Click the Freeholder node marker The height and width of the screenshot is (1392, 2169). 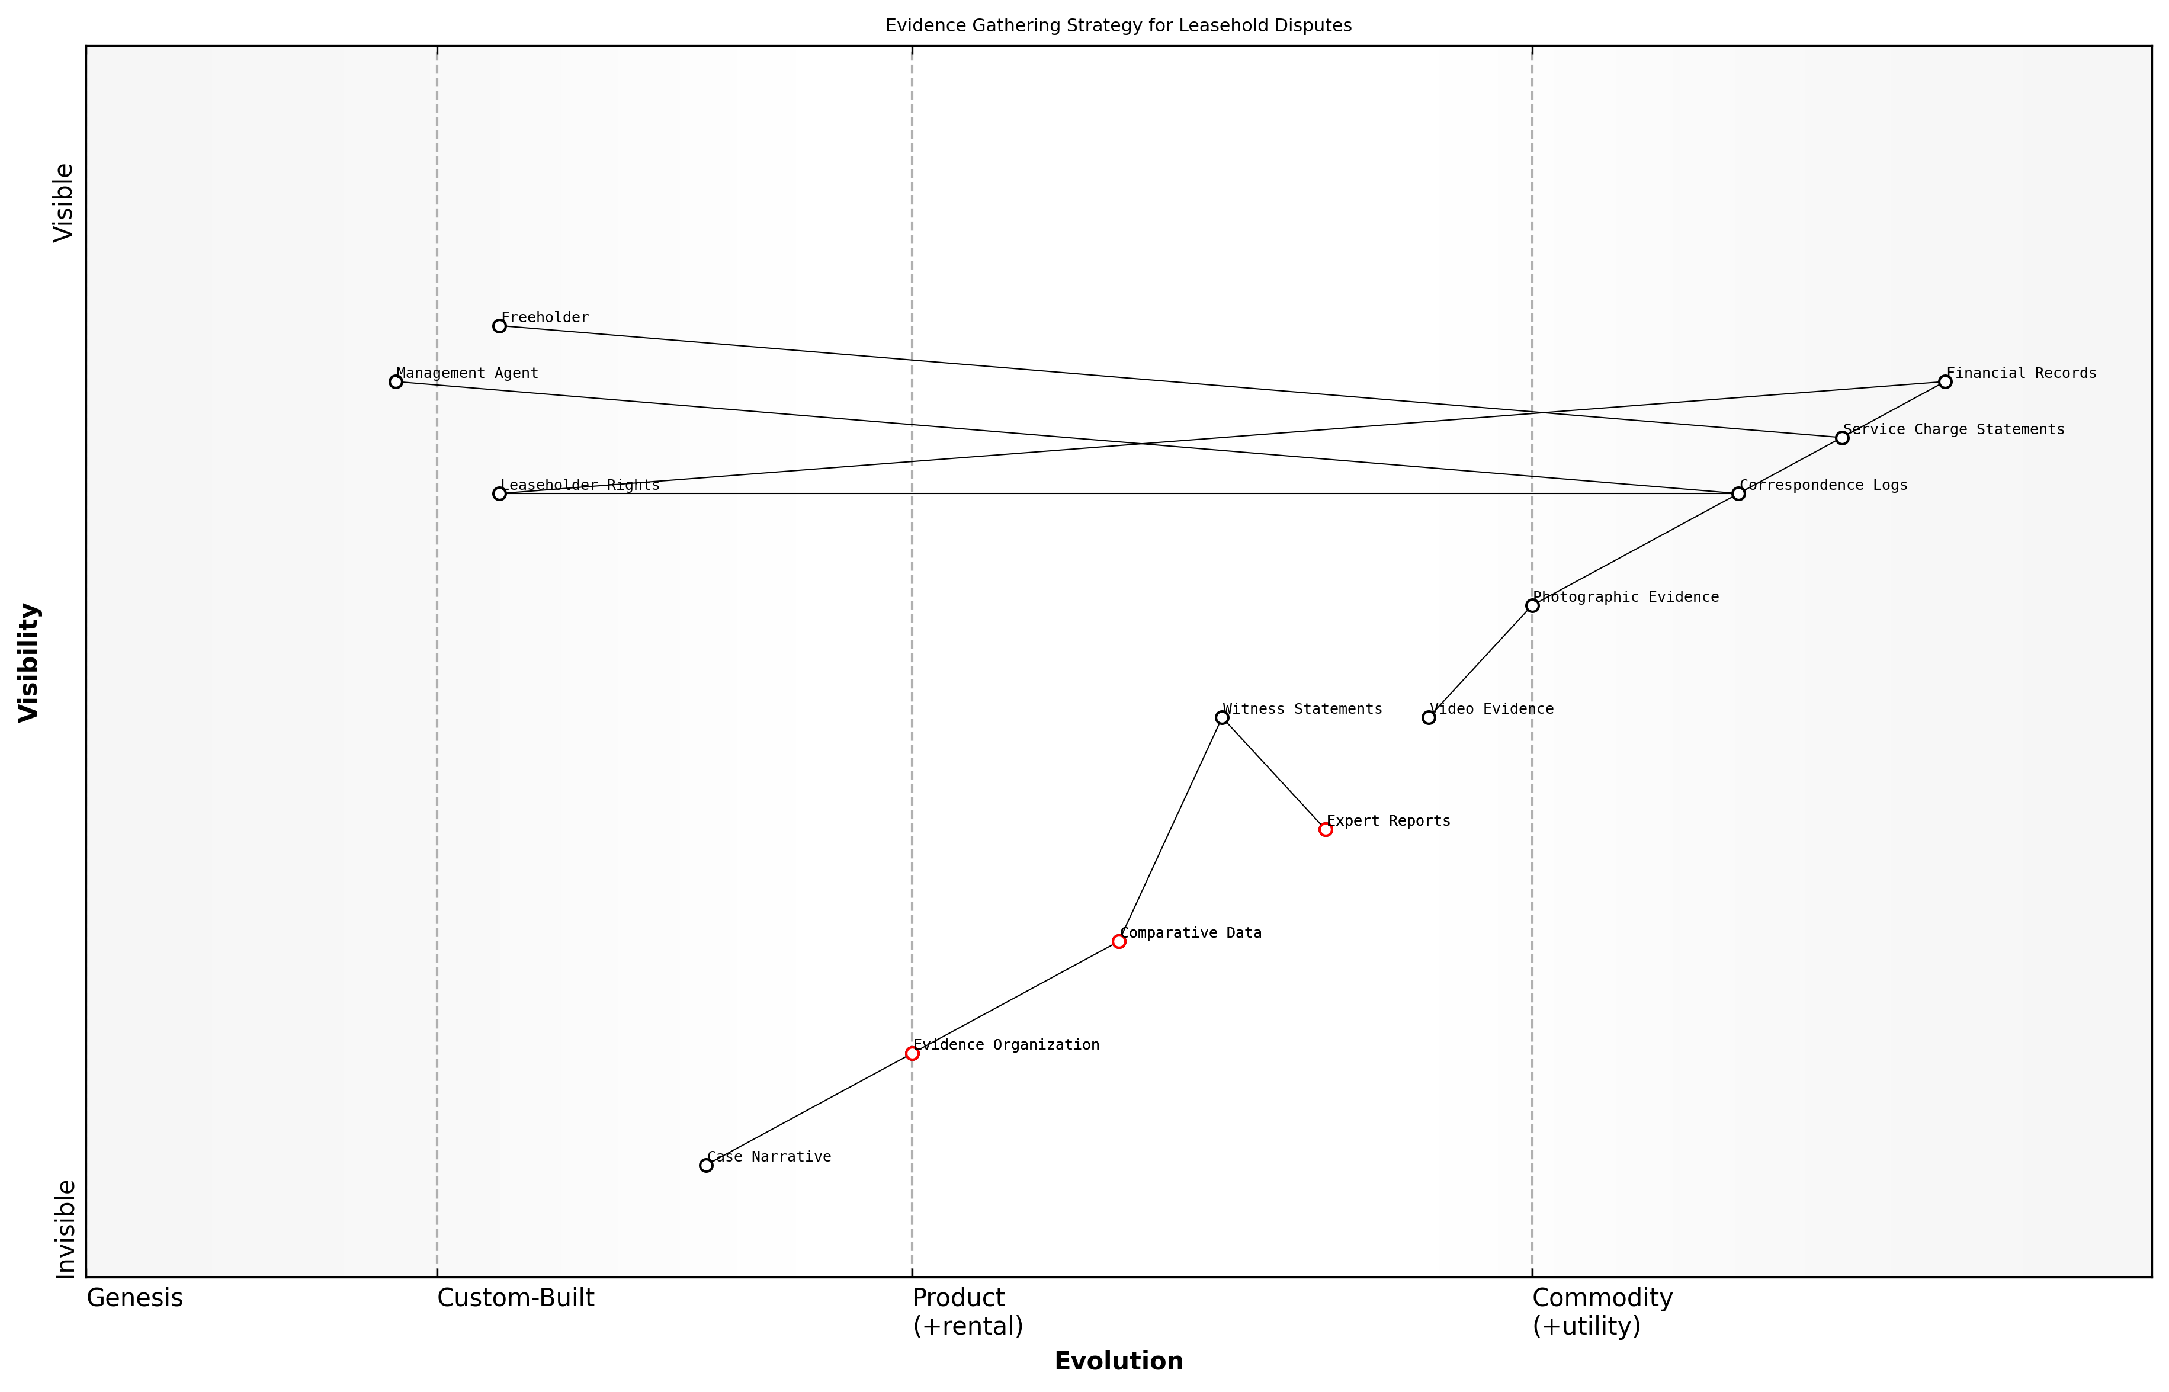[499, 325]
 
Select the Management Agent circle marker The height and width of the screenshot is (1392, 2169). [396, 381]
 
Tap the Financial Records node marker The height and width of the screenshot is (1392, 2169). [1945, 381]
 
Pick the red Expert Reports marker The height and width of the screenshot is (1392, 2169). [1325, 829]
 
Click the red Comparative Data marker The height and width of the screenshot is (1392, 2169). [1119, 941]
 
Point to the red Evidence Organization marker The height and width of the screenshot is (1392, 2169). [912, 1053]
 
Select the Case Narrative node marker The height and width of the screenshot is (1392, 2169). [706, 1165]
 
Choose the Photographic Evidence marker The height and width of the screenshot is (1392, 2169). [1532, 605]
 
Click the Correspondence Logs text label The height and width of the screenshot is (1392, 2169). [1823, 485]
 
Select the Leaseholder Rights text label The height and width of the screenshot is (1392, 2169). [580, 485]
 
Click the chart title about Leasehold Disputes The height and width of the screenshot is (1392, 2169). [1118, 25]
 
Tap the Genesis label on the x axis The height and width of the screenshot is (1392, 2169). [134, 1298]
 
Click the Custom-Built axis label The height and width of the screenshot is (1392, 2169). [515, 1298]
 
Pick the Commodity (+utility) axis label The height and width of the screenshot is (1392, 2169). [1602, 1311]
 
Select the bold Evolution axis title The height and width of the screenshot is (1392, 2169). [1118, 1361]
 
